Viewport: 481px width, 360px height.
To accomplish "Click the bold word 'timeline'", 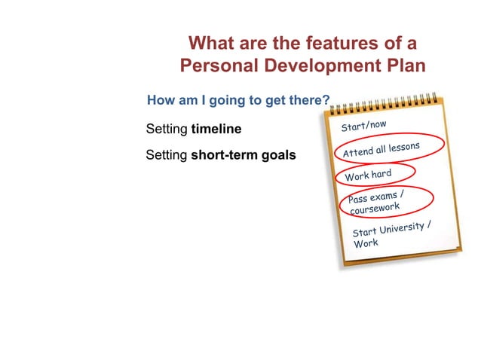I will coord(216,129).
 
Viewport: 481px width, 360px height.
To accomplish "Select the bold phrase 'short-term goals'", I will coord(244,156).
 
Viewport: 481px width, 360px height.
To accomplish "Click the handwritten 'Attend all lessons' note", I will coord(381,150).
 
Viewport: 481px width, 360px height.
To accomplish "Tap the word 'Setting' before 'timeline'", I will coord(167,129).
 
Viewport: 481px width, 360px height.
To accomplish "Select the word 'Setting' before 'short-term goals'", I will coord(167,156).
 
